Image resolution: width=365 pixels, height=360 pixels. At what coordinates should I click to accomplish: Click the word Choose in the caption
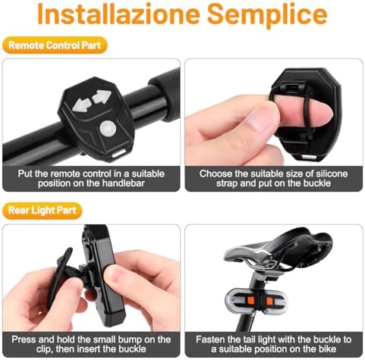pyautogui.click(x=216, y=174)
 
